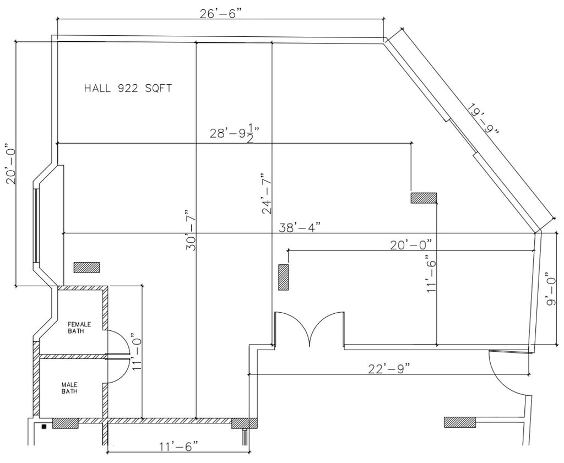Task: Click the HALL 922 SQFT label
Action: [x=128, y=88]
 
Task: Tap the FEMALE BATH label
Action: [x=79, y=328]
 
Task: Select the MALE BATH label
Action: [x=69, y=388]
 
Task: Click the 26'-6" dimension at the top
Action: [x=220, y=13]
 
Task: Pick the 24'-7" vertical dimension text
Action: [x=267, y=194]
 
